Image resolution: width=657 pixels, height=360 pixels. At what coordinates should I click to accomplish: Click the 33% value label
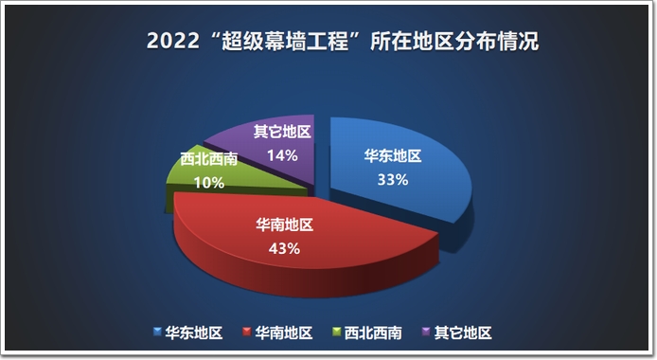coord(393,180)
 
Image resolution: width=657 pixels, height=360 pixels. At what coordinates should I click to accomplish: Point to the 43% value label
coord(284,248)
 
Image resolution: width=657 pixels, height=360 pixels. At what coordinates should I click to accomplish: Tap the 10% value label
coord(209,183)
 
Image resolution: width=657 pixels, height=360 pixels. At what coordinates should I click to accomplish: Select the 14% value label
coord(282,155)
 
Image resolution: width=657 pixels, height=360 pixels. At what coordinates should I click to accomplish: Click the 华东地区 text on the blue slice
coord(393,156)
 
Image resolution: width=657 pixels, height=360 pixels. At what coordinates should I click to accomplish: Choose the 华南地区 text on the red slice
coord(285,225)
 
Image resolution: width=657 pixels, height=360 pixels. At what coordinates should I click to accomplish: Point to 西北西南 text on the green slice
coord(209,159)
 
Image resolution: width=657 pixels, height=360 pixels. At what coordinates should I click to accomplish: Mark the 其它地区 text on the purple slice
coord(282,132)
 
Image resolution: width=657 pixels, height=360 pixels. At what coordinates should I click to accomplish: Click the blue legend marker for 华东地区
coord(157,332)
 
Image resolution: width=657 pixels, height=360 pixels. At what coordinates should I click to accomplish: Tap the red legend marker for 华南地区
coord(247,332)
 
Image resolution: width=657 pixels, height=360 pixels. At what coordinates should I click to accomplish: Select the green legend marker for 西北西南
coord(336,332)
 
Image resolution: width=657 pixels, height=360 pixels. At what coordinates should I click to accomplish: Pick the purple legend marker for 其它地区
coord(426,332)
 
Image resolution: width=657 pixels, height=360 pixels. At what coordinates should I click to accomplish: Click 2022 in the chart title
coord(173,41)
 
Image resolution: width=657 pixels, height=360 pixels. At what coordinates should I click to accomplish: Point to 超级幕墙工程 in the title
coord(285,41)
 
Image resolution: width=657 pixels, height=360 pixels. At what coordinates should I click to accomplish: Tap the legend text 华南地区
coord(284,333)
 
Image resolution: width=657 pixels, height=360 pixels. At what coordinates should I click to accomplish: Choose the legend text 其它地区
coord(463,333)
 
